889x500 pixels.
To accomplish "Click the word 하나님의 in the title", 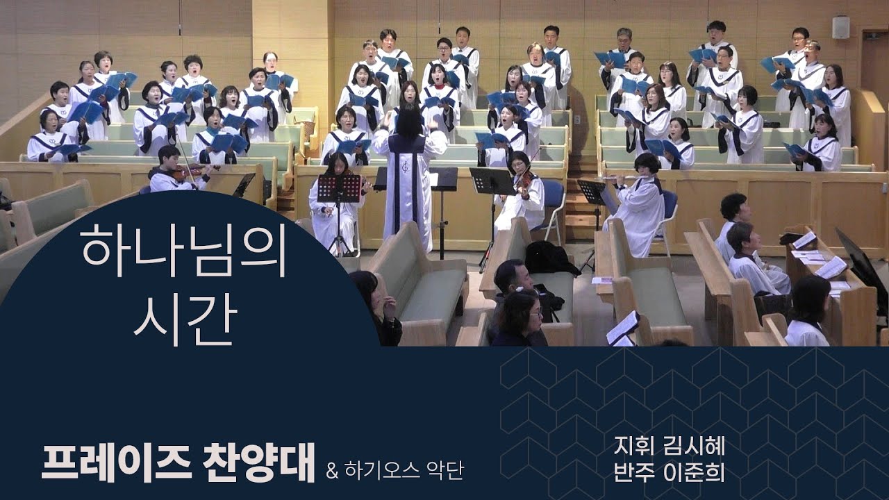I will (x=184, y=252).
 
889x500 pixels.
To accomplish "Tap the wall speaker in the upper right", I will (x=840, y=27).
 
